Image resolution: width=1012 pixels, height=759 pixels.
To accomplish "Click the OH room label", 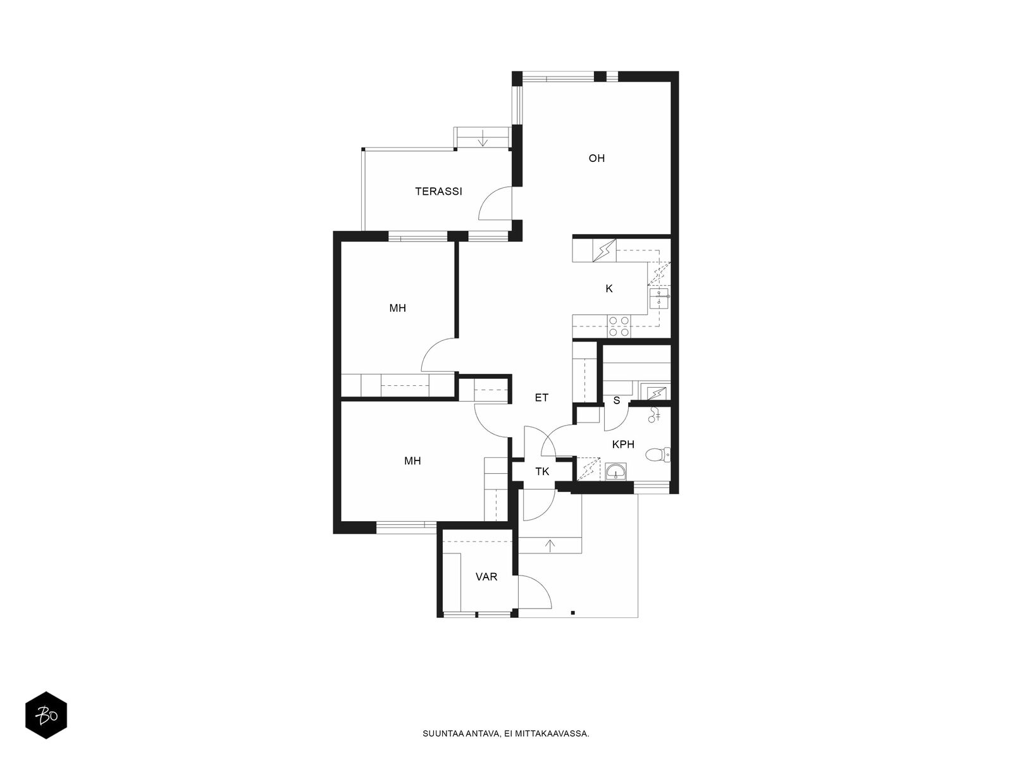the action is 596,158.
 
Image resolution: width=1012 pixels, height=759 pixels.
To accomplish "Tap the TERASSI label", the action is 438,191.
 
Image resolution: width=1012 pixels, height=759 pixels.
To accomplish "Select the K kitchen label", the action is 608,288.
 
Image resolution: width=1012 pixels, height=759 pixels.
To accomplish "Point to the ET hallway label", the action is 541,397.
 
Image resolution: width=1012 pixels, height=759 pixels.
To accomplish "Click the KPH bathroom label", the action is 623,444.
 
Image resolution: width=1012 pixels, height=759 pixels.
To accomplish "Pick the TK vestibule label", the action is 542,471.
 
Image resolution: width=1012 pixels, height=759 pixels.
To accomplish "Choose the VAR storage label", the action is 486,576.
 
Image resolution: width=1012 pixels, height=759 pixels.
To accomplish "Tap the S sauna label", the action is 617,400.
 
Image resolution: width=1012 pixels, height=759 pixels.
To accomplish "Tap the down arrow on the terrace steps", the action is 482,139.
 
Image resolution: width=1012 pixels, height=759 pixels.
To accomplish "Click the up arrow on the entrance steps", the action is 550,545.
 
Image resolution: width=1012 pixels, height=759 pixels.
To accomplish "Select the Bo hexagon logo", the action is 46,715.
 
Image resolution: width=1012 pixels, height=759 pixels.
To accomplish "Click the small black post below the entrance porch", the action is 572,612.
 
